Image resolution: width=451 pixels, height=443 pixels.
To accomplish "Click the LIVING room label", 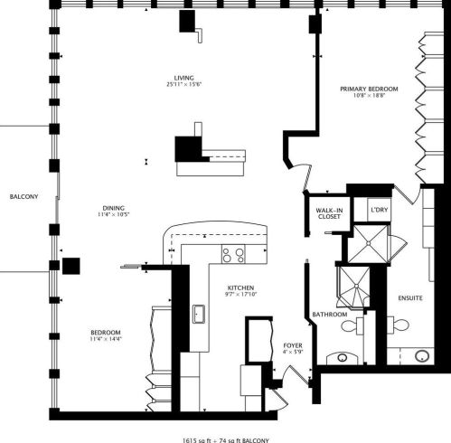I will pos(184,78).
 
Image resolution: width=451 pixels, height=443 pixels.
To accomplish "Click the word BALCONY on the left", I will pos(23,196).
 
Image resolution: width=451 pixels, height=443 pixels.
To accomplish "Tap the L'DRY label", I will pos(379,210).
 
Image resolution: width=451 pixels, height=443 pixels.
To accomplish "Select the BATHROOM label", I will pos(329,315).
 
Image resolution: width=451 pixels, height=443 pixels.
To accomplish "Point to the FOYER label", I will pos(292,344).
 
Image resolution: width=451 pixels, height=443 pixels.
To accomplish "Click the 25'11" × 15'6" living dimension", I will pos(184,85).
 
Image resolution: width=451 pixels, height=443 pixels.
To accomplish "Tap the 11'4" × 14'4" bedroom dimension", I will pos(106,340).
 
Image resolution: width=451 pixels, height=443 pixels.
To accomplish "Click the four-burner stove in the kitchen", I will pos(233,255).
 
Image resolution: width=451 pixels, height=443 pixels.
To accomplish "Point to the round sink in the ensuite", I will pos(423,355).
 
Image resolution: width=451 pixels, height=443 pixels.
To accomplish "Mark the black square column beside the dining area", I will pos(71,267).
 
